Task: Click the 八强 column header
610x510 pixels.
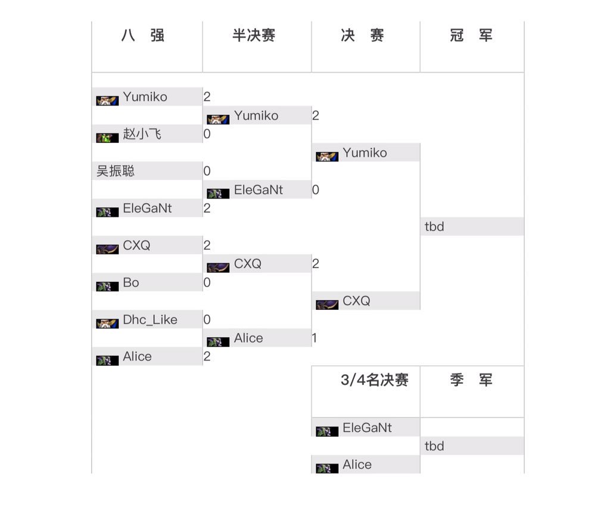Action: pos(143,36)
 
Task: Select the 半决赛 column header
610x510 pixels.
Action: pos(254,36)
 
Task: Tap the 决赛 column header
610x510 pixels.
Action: pos(362,36)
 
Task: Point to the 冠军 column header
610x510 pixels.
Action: pos(471,36)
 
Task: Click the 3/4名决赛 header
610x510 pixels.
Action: pos(374,380)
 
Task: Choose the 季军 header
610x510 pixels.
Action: pos(471,380)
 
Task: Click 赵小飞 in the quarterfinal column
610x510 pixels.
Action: pos(142,134)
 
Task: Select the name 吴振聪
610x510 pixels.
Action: pos(116,171)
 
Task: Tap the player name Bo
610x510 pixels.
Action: pos(131,282)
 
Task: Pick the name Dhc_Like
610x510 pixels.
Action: pos(150,319)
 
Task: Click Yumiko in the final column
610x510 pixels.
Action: pos(365,153)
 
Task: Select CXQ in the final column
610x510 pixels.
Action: pos(356,301)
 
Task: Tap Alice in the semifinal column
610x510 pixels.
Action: pos(248,338)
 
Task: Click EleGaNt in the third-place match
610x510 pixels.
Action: pos(367,428)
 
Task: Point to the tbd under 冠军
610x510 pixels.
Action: pos(434,226)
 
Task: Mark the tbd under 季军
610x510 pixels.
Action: pos(434,446)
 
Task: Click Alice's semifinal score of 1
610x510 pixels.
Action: pos(315,338)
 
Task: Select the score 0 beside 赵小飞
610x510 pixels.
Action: pos(207,134)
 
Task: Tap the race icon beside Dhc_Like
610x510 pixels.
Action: pos(107,324)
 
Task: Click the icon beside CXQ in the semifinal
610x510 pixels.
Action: pos(218,268)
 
